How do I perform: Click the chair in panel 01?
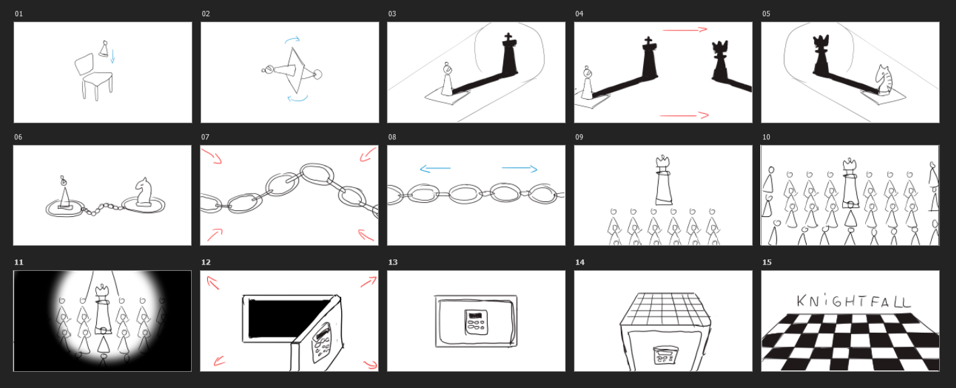[95, 77]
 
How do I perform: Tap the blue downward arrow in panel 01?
[112, 56]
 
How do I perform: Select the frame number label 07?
[205, 137]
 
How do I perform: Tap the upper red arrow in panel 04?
[685, 30]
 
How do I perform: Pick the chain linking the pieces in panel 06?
[102, 209]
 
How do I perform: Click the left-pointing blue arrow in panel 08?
[435, 168]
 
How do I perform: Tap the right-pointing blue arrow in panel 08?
[519, 168]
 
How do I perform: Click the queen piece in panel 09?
[663, 180]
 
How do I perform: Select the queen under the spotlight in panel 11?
[102, 309]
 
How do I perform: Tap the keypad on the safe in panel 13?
[476, 322]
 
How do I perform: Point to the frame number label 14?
[579, 262]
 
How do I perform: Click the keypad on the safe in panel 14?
[665, 356]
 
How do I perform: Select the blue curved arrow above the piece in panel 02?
[293, 40]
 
